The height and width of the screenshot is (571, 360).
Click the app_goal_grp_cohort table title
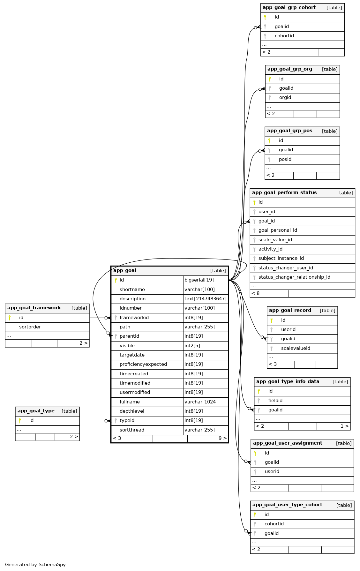click(x=289, y=8)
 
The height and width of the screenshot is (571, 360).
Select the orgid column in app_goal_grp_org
click(x=285, y=98)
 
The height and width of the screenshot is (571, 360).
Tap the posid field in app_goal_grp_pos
click(x=285, y=160)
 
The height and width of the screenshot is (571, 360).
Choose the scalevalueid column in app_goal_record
click(x=296, y=349)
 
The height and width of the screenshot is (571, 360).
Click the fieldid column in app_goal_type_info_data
click(x=275, y=401)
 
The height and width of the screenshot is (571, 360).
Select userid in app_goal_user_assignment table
click(x=272, y=472)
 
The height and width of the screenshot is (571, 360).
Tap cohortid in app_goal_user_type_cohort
click(x=274, y=524)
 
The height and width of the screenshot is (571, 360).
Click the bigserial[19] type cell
click(x=199, y=280)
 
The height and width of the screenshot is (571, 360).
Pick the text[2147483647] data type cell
click(x=206, y=299)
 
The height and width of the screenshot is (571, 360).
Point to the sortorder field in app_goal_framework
click(x=30, y=327)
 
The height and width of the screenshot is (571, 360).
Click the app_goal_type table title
click(x=36, y=411)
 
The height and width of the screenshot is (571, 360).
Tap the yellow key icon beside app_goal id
click(x=116, y=280)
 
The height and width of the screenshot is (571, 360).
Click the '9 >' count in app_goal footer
click(x=222, y=439)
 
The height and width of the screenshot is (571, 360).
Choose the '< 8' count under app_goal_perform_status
click(x=255, y=294)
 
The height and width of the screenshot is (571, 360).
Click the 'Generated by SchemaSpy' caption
click(x=35, y=565)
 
